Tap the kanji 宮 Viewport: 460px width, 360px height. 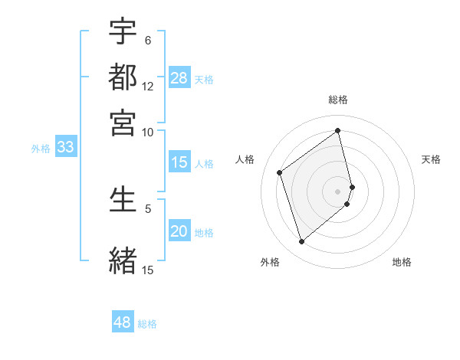click(123, 122)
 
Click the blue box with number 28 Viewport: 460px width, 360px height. click(179, 78)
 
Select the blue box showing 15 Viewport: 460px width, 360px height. click(179, 162)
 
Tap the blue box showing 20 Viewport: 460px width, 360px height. click(179, 232)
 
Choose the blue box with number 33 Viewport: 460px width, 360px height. click(64, 148)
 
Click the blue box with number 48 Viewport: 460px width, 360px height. click(122, 322)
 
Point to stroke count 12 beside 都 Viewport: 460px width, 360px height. click(148, 87)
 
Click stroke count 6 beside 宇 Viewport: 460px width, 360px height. click(148, 40)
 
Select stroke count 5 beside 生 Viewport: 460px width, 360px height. click(148, 208)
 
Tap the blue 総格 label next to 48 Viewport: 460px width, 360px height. click(147, 324)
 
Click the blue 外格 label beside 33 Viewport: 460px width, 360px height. click(40, 149)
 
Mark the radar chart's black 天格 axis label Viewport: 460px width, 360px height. click(431, 159)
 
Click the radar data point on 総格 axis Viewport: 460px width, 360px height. click(338, 131)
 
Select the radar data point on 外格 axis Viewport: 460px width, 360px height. click(301, 242)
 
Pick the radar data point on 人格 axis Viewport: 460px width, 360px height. click(280, 173)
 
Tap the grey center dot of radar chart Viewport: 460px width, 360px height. click(338, 191)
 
